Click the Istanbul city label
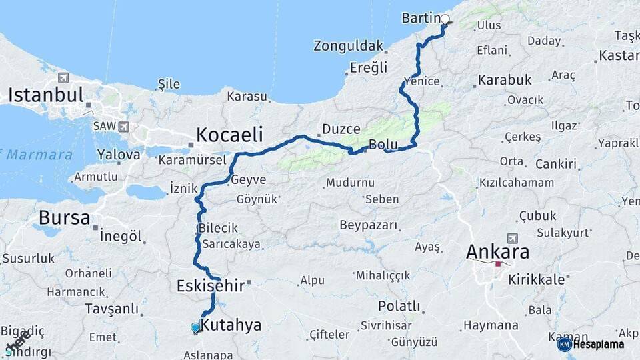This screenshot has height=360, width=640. pos(45,95)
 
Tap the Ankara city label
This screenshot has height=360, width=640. pos(497,252)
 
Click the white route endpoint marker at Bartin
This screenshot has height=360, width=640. pos(445,19)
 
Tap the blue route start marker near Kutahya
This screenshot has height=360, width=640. pos(195,327)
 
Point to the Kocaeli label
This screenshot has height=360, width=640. pos(229,134)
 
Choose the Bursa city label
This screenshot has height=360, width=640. pos(64,218)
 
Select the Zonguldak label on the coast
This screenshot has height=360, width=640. pos(349,46)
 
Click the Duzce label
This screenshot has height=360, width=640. pos(341,129)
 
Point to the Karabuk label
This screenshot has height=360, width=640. pos(505,80)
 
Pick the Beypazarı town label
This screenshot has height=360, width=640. pos(368,225)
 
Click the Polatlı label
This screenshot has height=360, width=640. pos(399,306)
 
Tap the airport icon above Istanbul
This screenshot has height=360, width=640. pos(63,77)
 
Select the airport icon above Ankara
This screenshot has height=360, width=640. pos(512,237)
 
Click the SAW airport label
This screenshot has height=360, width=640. pos(103,125)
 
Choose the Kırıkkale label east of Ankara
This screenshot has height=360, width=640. pos(536,279)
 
